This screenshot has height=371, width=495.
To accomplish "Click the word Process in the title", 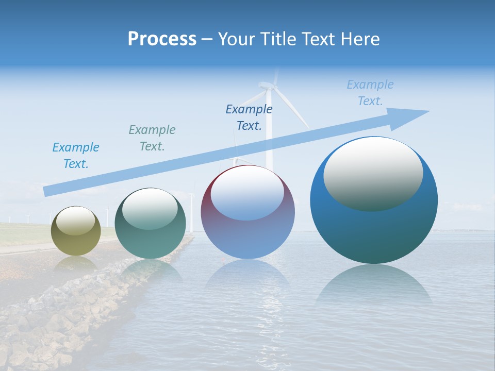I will (x=162, y=39).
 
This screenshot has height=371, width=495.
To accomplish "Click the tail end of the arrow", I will (x=45, y=192).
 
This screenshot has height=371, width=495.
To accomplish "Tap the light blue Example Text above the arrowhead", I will (x=370, y=93).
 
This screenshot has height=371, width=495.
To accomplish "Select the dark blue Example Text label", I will (x=249, y=117).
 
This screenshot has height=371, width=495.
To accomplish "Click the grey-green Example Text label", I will (x=152, y=138).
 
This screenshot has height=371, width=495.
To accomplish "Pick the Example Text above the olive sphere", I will (x=76, y=155).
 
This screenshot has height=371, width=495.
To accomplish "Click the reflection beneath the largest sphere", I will (x=374, y=289).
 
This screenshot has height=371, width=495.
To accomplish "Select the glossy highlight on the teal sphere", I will (x=150, y=209).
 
